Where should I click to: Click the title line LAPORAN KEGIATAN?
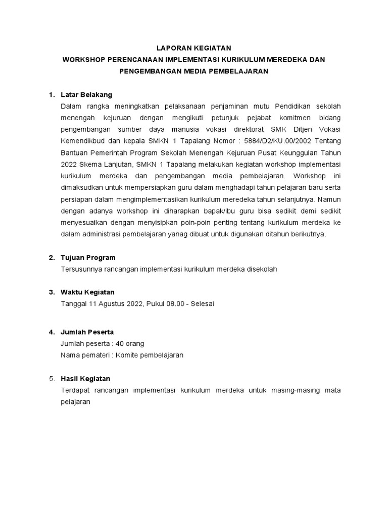(193, 48)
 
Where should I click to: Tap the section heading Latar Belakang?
(86, 94)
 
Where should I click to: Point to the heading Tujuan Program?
(88, 257)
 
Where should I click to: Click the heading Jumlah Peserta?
(87, 332)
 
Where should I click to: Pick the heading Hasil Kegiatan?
(85, 379)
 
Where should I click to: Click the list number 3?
(51, 292)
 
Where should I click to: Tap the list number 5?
(51, 379)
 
